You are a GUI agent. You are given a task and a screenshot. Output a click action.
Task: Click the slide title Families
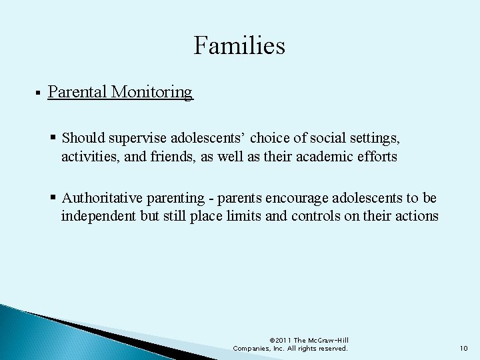(239, 45)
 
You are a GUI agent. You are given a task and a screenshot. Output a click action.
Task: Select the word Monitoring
(152, 92)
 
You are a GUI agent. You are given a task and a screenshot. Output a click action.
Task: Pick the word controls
(313, 217)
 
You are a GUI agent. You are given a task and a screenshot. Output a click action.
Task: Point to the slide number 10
(463, 348)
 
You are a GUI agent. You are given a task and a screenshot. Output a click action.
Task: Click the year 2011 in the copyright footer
(281, 340)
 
